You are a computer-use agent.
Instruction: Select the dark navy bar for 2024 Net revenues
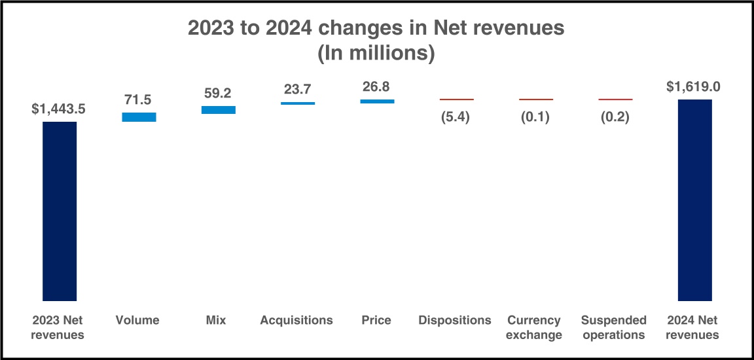coord(694,200)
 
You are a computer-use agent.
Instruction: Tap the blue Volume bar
coord(139,117)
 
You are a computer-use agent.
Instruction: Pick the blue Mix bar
coord(218,110)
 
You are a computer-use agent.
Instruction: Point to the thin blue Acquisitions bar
coord(298,103)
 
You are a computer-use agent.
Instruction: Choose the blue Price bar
coord(377,101)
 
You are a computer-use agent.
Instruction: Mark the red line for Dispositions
coord(456,99)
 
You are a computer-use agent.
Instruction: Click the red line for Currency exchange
coord(536,99)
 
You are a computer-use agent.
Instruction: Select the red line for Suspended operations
coord(615,99)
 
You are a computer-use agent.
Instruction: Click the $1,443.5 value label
coord(60,109)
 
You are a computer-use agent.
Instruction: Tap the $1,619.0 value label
coord(694,86)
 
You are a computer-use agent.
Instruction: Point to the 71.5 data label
coord(139,99)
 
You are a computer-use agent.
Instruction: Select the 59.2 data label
coord(218,93)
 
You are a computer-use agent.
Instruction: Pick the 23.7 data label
coord(298,89)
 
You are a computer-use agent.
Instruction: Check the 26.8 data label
coord(377,87)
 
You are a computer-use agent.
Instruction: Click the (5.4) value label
coord(456,118)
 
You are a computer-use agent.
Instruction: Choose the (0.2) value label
coord(615,118)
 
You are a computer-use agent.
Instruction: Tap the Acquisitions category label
coord(296,320)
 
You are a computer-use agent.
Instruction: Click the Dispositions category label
coord(455,320)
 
